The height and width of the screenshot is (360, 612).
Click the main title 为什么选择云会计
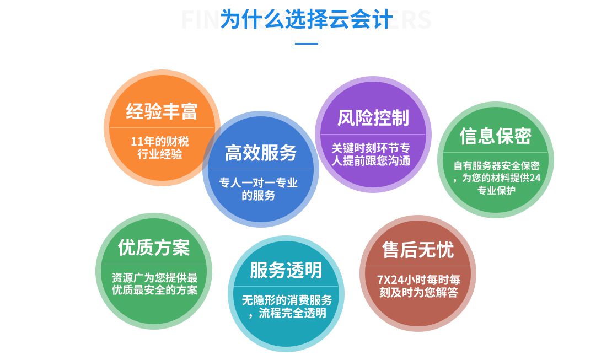[x=307, y=19]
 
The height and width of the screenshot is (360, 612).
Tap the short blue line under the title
[x=307, y=44]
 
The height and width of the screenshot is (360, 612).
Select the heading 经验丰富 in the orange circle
[x=162, y=111]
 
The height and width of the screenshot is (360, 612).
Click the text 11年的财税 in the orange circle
[x=160, y=141]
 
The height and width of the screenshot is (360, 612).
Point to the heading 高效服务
[x=261, y=153]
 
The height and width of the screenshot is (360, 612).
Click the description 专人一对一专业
[x=259, y=182]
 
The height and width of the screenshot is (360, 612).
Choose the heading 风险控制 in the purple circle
[x=373, y=118]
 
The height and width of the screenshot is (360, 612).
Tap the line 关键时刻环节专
[x=371, y=148]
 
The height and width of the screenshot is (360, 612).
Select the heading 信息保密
[x=496, y=136]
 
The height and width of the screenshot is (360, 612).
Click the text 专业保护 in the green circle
[x=496, y=191]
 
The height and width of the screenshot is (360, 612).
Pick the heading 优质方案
[x=154, y=248]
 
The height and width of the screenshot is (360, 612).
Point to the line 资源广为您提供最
[x=154, y=278]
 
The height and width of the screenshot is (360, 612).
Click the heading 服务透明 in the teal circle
[x=286, y=270]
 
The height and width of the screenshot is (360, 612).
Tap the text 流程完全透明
[x=292, y=313]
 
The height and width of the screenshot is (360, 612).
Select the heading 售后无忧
[x=418, y=250]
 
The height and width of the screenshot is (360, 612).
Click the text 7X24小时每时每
[x=418, y=280]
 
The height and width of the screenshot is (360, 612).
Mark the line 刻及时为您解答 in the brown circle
[x=419, y=292]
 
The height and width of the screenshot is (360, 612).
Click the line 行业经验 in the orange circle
[x=160, y=154]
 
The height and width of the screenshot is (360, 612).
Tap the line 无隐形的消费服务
[x=287, y=300]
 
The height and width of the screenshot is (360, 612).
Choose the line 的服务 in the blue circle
[x=259, y=195]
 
